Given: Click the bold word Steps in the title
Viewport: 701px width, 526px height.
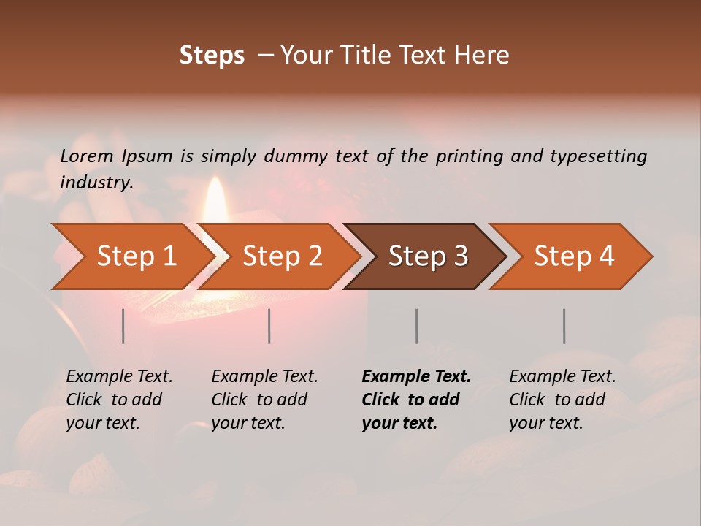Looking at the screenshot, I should pos(212,56).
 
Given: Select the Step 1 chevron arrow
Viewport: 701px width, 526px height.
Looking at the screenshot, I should pos(131,256).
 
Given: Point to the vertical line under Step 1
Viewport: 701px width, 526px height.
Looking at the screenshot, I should pos(123,326).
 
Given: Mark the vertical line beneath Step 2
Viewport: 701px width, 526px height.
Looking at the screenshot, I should pos(269,326).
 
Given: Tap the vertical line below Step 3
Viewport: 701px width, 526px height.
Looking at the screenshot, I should pos(417,326).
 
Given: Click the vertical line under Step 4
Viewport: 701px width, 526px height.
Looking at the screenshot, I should pos(564,326).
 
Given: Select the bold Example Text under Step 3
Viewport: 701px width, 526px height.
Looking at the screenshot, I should pos(416,400).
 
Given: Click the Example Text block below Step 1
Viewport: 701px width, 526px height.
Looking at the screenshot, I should pos(119,400).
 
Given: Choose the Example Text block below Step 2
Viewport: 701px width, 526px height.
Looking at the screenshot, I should pos(264,400).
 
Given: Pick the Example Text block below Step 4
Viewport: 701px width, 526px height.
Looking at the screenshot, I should pos(562,400).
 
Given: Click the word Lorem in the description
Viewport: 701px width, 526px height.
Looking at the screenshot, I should pos(87,156).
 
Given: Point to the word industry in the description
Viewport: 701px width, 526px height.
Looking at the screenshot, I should pos(96,183).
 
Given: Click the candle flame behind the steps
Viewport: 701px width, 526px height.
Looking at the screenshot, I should pos(215,201).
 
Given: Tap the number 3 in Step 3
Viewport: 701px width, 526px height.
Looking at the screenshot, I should pos(460,256).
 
